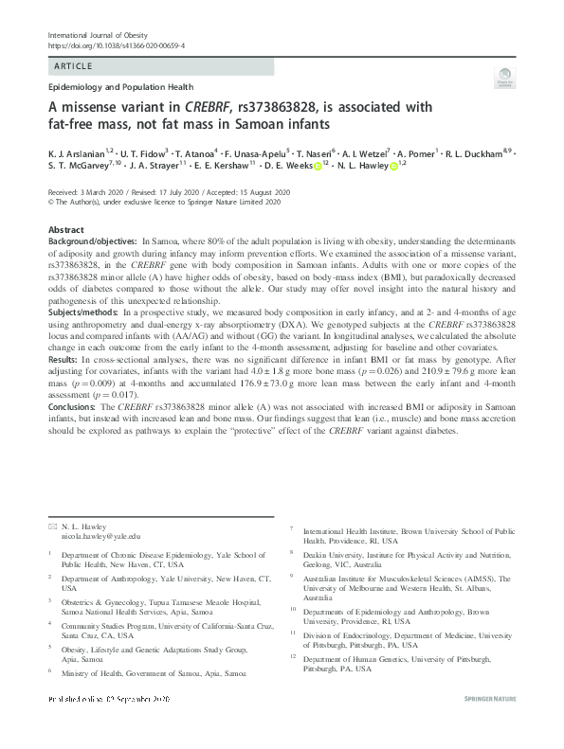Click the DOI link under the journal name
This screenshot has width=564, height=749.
point(115,45)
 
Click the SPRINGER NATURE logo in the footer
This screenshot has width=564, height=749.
point(491,724)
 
